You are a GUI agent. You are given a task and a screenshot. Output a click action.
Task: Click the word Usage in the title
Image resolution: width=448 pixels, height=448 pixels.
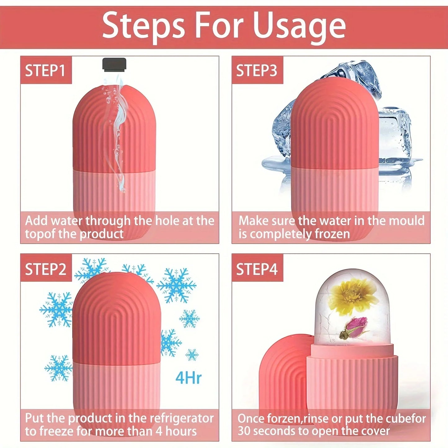pos(299,26)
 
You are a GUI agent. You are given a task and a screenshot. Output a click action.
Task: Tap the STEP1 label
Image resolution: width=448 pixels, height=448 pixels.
pos(45,70)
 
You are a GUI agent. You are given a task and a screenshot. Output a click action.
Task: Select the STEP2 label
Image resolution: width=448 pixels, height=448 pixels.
pos(46,269)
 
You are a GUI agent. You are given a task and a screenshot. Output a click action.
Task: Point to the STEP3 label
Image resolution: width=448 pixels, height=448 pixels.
pos(257,70)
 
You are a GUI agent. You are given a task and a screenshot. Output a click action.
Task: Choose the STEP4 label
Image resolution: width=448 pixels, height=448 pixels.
pos(257,269)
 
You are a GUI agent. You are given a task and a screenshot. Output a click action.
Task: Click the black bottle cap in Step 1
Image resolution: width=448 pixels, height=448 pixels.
pos(114,64)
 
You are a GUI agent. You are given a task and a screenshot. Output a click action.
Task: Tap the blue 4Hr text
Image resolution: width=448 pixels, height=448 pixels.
pos(189,378)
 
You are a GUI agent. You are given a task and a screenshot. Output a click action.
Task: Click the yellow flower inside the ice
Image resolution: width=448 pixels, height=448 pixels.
pos(349,296)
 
